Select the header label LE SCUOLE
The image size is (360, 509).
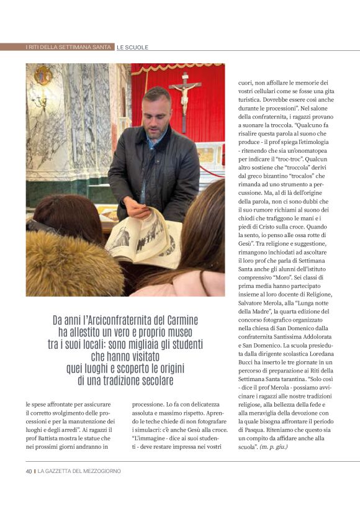133,47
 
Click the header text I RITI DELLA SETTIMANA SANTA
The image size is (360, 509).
69,47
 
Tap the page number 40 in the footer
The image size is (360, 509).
29,471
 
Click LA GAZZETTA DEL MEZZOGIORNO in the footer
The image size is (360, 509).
79,471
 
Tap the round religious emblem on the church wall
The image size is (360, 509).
43,74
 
